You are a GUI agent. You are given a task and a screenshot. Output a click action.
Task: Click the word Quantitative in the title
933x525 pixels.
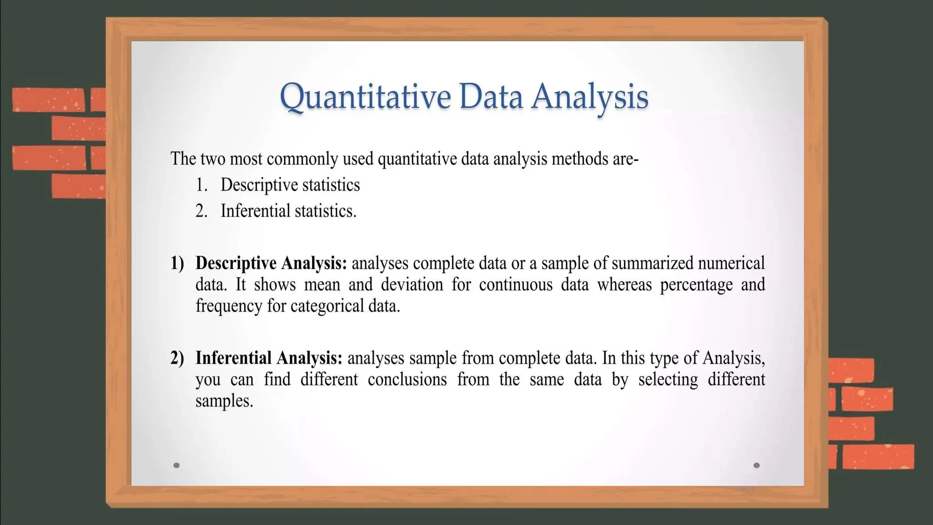click(x=365, y=97)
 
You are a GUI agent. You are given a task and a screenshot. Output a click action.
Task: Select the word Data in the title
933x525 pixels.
click(x=491, y=97)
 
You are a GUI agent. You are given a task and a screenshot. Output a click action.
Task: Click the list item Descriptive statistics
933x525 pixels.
click(x=290, y=185)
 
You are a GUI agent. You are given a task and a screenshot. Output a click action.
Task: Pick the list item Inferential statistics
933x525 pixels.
click(x=288, y=211)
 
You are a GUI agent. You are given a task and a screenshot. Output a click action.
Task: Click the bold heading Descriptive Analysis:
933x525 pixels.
click(x=271, y=263)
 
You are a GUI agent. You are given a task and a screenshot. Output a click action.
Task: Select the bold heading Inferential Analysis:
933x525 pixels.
click(x=269, y=358)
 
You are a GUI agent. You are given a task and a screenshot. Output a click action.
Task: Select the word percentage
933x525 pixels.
click(x=696, y=285)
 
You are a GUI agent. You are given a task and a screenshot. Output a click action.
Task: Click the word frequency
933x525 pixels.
click(x=229, y=306)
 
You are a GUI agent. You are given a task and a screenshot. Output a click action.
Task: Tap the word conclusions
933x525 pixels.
click(x=407, y=380)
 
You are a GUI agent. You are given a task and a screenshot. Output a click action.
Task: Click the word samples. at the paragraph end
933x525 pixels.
click(x=224, y=401)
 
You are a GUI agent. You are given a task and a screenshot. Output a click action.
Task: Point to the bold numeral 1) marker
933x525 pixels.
click(x=177, y=263)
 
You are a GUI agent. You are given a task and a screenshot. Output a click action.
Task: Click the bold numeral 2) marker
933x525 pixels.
click(x=177, y=358)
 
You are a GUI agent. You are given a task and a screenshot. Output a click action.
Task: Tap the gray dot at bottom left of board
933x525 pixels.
click(x=177, y=465)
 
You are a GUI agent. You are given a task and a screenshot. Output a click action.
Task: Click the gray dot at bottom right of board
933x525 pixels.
click(x=757, y=465)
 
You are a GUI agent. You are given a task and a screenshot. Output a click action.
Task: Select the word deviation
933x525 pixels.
click(x=412, y=285)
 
